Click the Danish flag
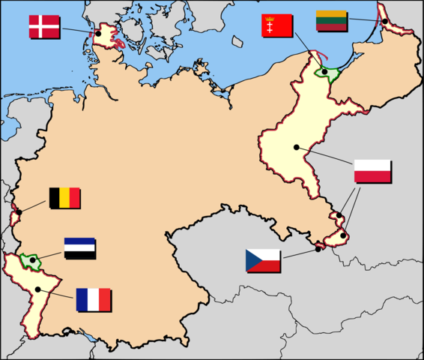(x=44, y=26)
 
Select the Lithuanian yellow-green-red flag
(x=330, y=20)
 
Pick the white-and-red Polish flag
(x=372, y=171)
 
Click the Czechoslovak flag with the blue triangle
(x=262, y=261)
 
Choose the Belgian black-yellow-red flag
(x=64, y=197)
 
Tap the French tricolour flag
(x=92, y=299)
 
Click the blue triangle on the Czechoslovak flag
(x=252, y=261)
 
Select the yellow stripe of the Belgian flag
(x=64, y=197)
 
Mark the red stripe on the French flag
(x=104, y=299)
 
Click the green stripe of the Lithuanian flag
(x=330, y=20)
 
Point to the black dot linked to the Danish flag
(x=97, y=34)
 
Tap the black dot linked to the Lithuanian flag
(x=385, y=21)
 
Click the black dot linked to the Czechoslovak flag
(x=318, y=248)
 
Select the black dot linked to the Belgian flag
(x=19, y=212)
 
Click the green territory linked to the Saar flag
(x=30, y=261)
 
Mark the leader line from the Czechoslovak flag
(x=300, y=253)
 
